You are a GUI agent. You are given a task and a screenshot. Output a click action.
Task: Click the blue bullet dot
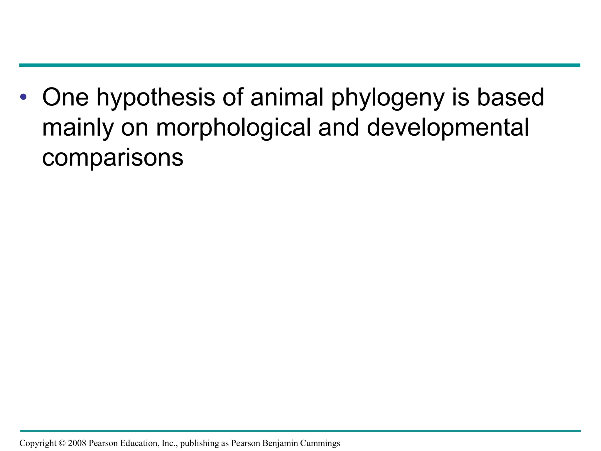tap(23, 97)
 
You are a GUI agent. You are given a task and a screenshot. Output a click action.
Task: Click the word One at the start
tap(65, 97)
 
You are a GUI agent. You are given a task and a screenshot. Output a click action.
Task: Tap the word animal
tap(287, 97)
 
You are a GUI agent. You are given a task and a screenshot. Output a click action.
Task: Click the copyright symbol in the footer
tap(62, 443)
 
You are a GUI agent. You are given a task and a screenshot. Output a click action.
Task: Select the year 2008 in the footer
tap(77, 443)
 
